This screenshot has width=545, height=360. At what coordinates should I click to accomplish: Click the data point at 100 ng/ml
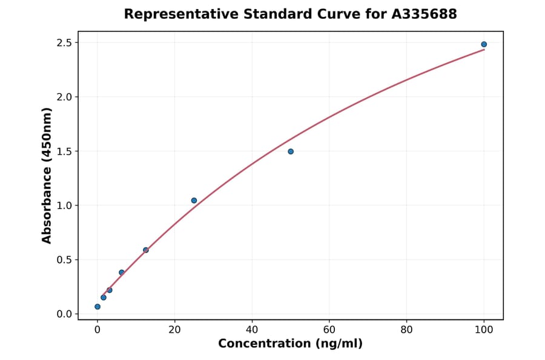(x=484, y=44)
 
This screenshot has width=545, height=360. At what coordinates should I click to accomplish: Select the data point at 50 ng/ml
(x=291, y=152)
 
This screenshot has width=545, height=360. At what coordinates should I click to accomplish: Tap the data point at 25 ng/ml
(x=194, y=201)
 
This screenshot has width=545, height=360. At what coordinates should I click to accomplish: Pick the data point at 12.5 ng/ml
(x=146, y=250)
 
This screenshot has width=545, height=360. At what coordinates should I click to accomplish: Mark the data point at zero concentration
(x=97, y=307)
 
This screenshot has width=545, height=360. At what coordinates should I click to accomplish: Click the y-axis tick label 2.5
(x=65, y=43)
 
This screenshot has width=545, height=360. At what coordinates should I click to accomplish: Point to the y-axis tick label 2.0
(x=65, y=97)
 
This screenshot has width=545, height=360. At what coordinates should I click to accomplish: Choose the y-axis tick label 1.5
(x=65, y=152)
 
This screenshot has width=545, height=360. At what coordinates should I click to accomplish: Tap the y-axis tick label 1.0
(x=65, y=205)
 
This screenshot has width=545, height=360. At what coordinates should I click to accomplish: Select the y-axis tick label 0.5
(x=65, y=260)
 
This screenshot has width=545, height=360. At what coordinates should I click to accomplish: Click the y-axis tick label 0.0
(x=65, y=314)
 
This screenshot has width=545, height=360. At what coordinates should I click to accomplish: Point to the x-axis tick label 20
(x=174, y=329)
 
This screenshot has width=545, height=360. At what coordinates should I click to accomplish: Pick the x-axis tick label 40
(x=252, y=329)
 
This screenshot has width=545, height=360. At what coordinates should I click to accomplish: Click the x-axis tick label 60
(x=329, y=329)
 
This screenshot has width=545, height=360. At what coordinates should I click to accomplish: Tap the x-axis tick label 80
(x=407, y=329)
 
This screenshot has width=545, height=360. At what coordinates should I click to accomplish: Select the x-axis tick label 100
(x=484, y=329)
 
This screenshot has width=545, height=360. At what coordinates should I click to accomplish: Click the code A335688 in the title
(x=424, y=14)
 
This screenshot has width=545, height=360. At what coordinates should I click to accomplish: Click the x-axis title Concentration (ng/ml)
(x=290, y=344)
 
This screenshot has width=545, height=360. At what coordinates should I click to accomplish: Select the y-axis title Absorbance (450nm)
(x=47, y=175)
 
